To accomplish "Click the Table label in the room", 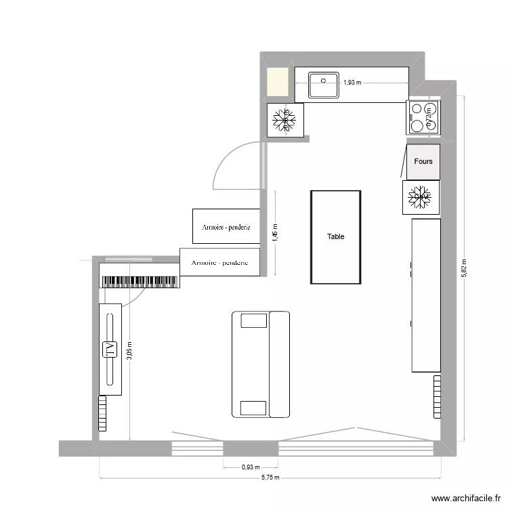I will (335, 236).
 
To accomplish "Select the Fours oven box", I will (423, 162).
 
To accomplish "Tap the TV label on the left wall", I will (109, 350).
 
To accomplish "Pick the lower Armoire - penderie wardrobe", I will (220, 262).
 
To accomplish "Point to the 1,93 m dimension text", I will (352, 83).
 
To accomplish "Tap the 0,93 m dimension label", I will (251, 466).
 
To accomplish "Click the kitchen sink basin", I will (324, 85).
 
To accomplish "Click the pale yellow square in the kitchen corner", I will (277, 83).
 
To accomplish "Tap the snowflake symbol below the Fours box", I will (421, 197).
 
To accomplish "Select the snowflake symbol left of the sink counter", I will (284, 120).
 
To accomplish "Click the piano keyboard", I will (139, 281).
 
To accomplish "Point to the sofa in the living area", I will (260, 364).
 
